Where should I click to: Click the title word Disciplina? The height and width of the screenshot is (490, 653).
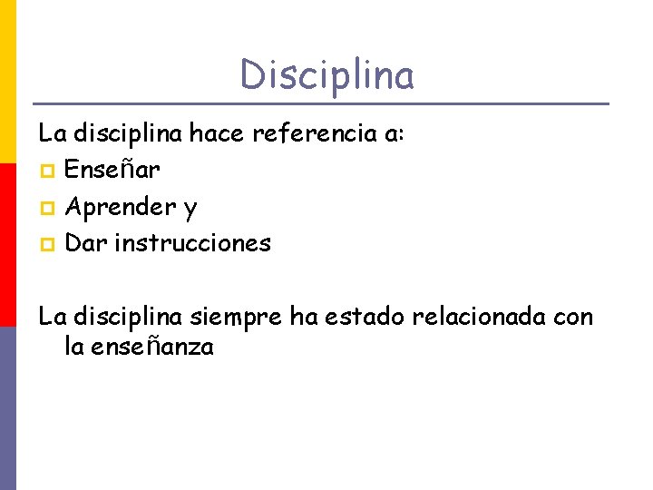click(x=326, y=74)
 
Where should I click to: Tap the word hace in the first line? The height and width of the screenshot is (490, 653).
click(x=218, y=134)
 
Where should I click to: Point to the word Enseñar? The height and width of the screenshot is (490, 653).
click(x=113, y=171)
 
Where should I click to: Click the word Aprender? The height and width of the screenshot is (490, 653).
click(x=121, y=208)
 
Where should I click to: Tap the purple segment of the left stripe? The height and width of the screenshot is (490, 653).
click(x=8, y=408)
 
